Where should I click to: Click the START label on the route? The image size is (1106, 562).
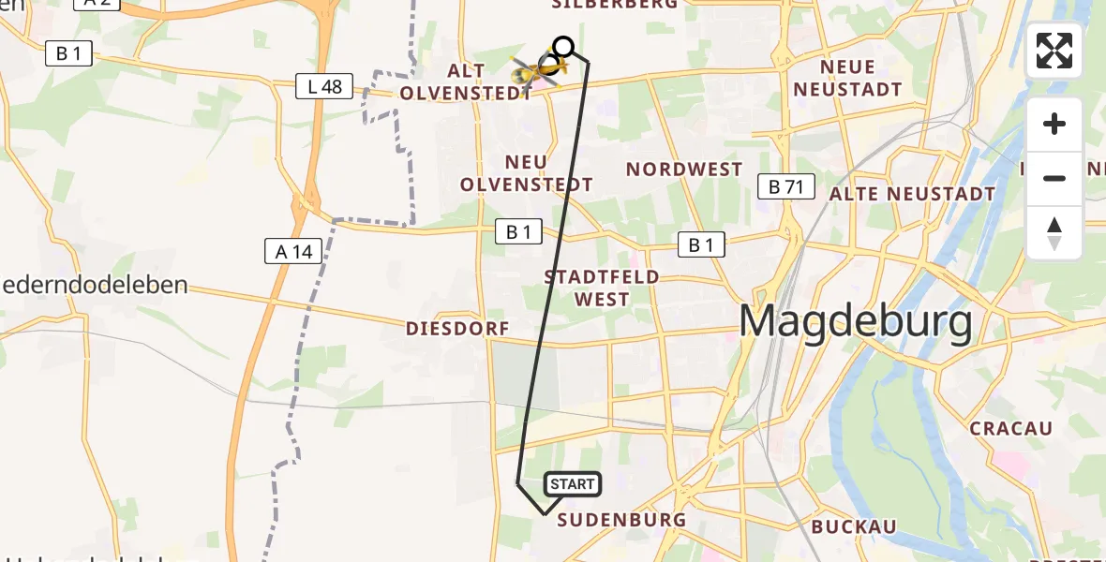(x=572, y=484)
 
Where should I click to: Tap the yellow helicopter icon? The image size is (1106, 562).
(x=536, y=69)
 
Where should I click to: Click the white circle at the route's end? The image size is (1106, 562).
(x=563, y=46)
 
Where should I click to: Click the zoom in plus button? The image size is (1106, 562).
(x=1054, y=125)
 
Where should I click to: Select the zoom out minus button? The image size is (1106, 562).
(x=1054, y=178)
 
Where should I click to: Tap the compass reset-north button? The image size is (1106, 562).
(x=1054, y=232)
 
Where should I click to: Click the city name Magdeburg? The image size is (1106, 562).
(x=855, y=322)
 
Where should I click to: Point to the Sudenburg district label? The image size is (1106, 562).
(x=621, y=520)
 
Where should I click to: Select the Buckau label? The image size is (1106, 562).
(x=854, y=526)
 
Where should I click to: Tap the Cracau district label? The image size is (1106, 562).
(x=1011, y=428)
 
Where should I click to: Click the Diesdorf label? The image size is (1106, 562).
(x=457, y=329)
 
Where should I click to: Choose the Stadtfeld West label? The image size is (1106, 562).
(x=603, y=288)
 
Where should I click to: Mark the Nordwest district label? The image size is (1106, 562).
(x=684, y=170)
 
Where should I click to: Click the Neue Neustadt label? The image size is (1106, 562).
(x=860, y=79)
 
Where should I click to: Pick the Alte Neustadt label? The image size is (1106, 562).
(x=912, y=194)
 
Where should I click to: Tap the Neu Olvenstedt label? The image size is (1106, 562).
(x=526, y=173)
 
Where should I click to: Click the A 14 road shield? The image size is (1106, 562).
(x=293, y=250)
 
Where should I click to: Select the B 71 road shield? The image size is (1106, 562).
(x=785, y=186)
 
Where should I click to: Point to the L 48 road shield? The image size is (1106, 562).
(x=324, y=88)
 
